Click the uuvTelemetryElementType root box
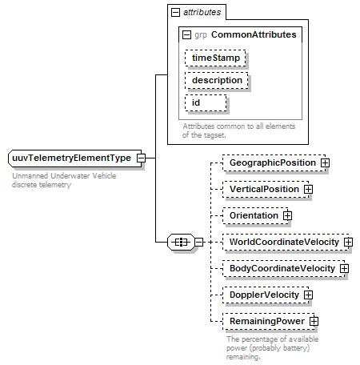(x=75, y=158)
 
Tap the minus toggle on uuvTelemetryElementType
(x=141, y=158)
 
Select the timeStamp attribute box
(x=215, y=58)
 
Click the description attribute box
(x=217, y=80)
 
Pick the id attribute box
(x=206, y=102)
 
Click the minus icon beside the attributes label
(x=175, y=12)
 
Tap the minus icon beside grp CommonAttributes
(x=186, y=35)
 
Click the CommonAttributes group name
(x=254, y=34)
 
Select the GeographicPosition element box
(x=274, y=162)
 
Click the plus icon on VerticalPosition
(x=308, y=189)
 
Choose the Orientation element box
(x=255, y=215)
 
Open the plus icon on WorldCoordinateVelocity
(x=348, y=242)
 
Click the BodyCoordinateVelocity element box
(x=284, y=268)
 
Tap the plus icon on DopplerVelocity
(x=308, y=295)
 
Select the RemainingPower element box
(x=269, y=321)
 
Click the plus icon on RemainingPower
(x=314, y=321)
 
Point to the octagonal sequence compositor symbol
(x=181, y=242)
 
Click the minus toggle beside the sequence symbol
(x=199, y=242)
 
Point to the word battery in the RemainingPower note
(x=294, y=348)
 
